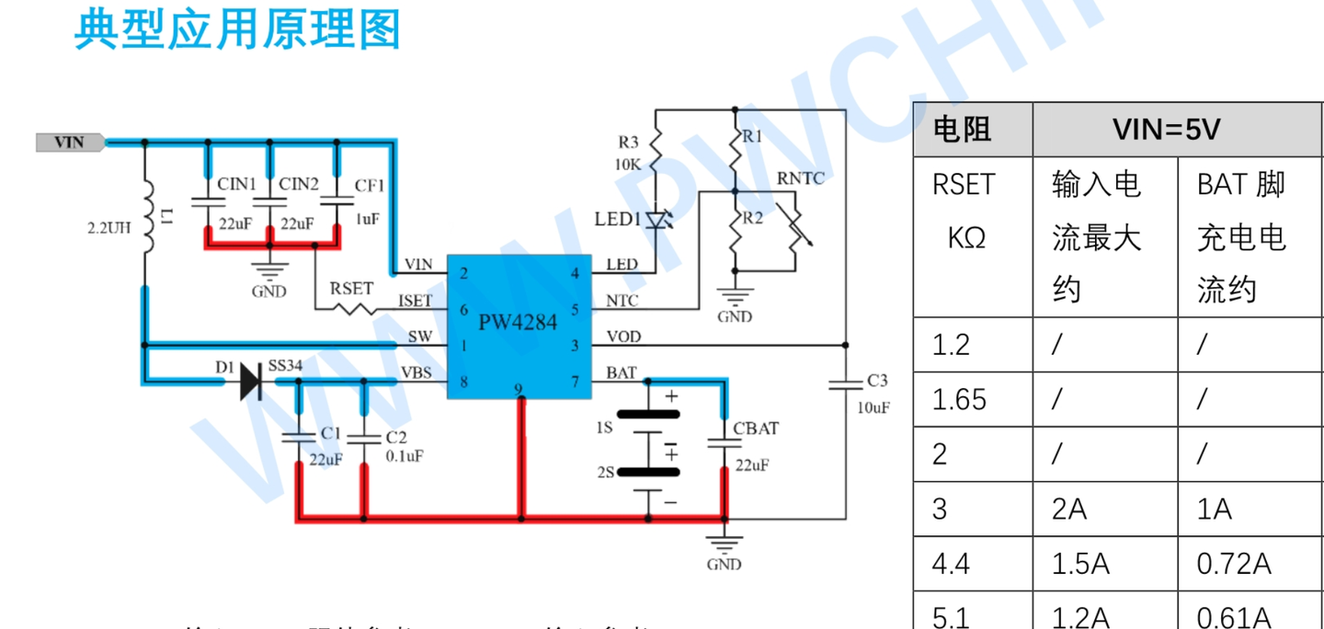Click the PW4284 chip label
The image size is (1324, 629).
(517, 323)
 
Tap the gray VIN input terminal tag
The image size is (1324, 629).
(70, 143)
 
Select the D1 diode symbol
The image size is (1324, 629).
(250, 381)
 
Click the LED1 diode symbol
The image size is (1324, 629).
(656, 220)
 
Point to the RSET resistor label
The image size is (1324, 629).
(351, 289)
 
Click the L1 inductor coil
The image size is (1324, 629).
(145, 217)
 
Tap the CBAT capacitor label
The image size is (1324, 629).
(756, 429)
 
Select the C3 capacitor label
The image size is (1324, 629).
(877, 381)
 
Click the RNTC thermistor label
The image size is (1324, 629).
(801, 178)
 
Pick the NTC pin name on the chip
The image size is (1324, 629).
(622, 301)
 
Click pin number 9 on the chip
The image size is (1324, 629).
(519, 390)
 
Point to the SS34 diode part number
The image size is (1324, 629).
(285, 366)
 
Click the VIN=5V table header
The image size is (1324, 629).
(1166, 130)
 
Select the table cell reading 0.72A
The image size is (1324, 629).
(1234, 563)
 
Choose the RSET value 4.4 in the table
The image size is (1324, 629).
(951, 563)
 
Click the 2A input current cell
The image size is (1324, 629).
(1069, 509)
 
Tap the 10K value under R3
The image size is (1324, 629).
(628, 164)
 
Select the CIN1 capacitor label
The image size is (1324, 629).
(237, 184)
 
